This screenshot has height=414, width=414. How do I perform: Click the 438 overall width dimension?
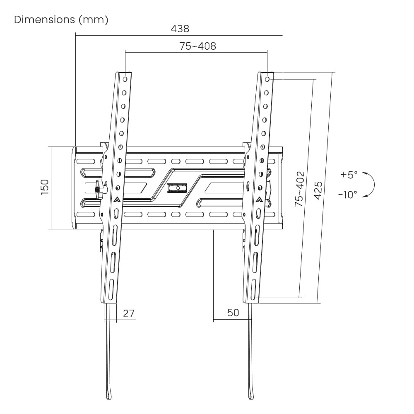(x=180, y=29)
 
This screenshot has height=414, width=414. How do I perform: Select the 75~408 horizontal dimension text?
(x=198, y=46)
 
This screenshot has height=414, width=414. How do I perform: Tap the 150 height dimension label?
(x=45, y=187)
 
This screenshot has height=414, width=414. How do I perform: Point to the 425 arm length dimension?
(x=318, y=190)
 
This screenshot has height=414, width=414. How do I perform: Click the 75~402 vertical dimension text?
(x=299, y=189)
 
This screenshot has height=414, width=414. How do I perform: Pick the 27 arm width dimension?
(x=129, y=313)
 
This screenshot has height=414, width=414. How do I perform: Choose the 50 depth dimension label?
(x=233, y=313)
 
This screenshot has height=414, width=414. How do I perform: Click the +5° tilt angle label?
(x=349, y=174)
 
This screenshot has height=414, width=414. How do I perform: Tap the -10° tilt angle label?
(x=348, y=195)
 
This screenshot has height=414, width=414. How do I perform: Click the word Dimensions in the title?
(x=44, y=19)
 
